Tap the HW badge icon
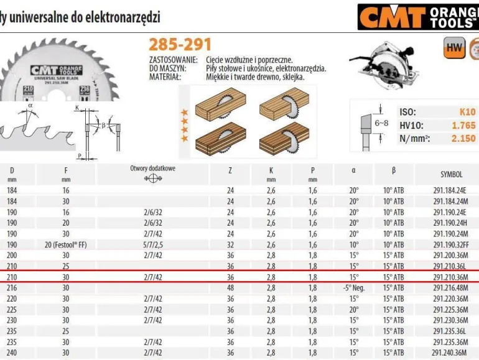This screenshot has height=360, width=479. pos(454,48)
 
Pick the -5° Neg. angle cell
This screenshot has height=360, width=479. pos(354,288)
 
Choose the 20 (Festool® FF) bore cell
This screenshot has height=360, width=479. pos(66,244)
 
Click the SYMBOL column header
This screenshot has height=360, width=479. pos(451,175)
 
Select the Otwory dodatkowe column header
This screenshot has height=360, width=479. pos(153,168)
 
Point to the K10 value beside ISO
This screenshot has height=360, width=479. pos(467,112)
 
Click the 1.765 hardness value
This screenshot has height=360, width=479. pos(463,125)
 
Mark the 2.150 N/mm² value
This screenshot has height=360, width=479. pos(463,137)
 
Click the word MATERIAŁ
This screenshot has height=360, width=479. pos(164,77)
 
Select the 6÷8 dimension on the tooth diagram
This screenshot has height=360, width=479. pos(381,123)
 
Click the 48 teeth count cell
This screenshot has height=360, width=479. pos(231,288)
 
